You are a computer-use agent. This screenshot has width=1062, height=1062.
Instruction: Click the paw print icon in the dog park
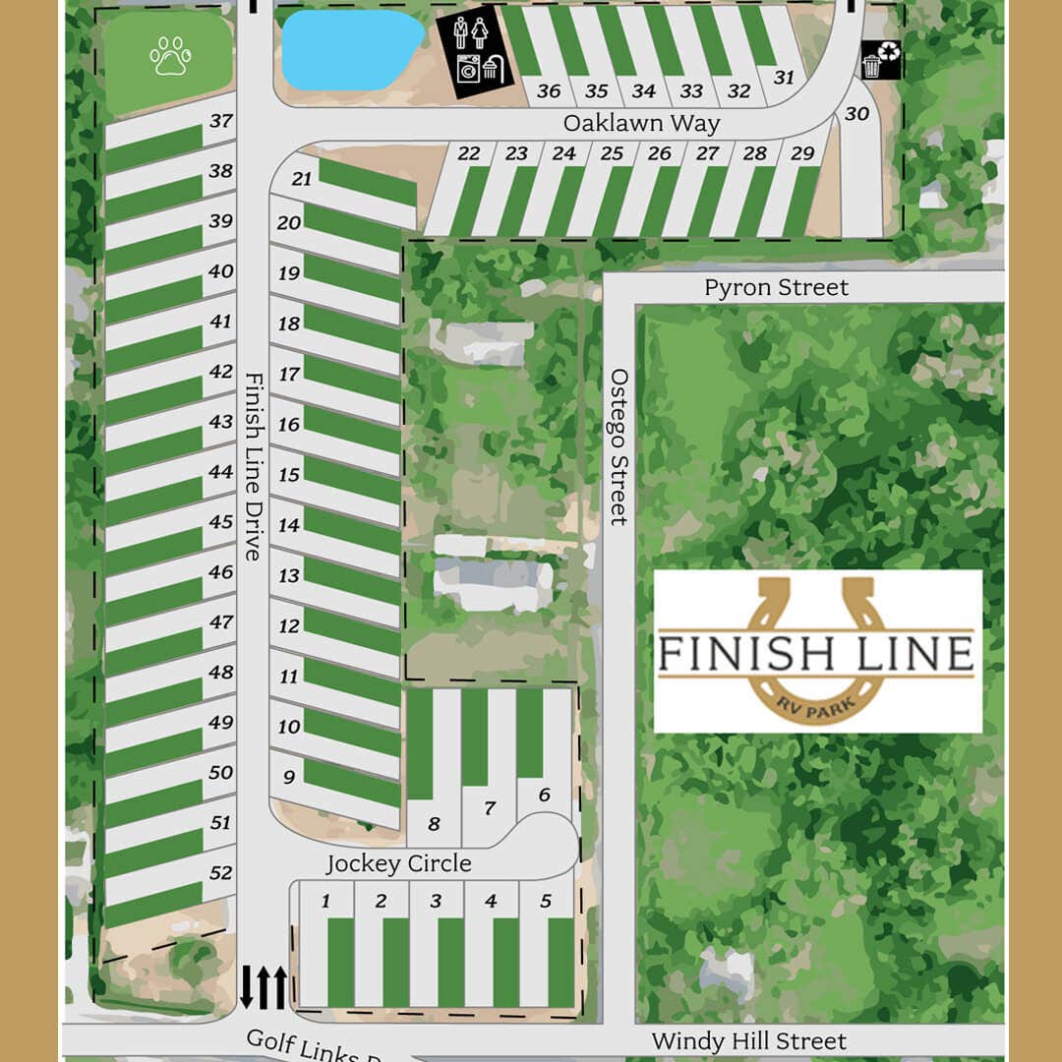(x=170, y=56)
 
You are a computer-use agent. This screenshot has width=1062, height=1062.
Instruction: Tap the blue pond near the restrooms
(x=349, y=49)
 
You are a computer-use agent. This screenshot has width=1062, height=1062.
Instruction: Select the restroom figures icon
(x=470, y=32)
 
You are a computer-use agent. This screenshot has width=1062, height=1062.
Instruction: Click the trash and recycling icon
(x=879, y=59)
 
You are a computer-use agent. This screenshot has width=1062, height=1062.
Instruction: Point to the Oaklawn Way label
(x=641, y=124)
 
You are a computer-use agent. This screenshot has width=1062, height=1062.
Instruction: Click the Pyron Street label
(x=776, y=288)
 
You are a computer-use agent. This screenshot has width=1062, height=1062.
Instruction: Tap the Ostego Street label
(x=619, y=446)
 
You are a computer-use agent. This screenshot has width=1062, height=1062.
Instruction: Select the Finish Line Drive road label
(x=252, y=466)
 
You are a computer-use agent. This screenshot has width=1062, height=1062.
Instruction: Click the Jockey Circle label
(x=398, y=864)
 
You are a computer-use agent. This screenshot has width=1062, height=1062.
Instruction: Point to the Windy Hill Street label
(x=748, y=1040)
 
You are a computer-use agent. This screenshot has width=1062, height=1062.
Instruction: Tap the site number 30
(x=856, y=114)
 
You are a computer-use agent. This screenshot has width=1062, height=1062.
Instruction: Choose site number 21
(x=302, y=179)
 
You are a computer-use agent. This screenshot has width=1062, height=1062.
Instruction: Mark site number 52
(x=220, y=872)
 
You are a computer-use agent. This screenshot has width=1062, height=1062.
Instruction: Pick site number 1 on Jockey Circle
(x=325, y=901)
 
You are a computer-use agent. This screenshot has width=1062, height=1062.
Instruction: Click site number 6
(x=544, y=796)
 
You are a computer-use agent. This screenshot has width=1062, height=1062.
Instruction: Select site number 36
(x=549, y=91)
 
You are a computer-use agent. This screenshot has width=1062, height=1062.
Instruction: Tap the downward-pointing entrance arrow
(x=246, y=987)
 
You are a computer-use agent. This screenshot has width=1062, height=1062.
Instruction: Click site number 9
(x=289, y=777)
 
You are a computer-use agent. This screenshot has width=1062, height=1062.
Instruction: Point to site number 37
(x=220, y=121)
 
